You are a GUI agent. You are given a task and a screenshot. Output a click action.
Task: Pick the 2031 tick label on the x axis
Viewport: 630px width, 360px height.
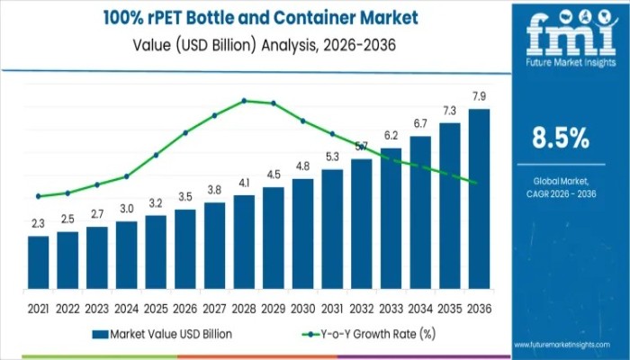(x=332, y=309)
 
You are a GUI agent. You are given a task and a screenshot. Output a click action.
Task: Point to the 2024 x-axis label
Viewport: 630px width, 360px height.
(x=126, y=309)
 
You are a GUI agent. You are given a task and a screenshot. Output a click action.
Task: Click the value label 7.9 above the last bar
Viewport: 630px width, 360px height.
(x=480, y=96)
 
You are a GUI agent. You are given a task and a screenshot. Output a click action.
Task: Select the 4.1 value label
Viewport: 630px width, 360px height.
(x=244, y=183)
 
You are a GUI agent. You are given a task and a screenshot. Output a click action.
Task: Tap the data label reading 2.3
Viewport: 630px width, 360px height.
(x=38, y=223)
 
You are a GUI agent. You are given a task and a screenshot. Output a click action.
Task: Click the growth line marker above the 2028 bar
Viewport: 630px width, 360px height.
(x=244, y=101)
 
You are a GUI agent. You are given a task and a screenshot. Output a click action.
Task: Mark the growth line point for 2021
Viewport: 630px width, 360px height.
(x=38, y=196)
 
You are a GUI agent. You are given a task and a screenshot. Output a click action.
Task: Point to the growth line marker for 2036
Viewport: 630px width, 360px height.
(x=474, y=182)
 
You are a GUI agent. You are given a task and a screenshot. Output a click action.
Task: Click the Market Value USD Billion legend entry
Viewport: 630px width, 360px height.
(x=162, y=334)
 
